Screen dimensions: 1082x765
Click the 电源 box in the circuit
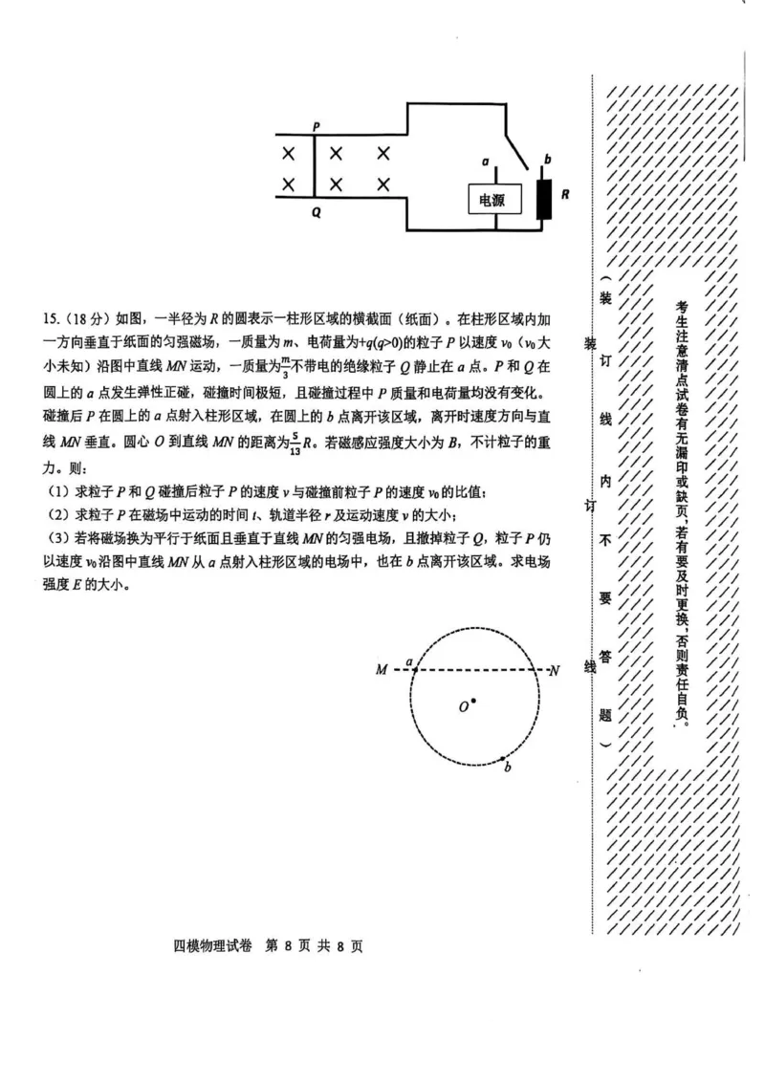click(x=494, y=201)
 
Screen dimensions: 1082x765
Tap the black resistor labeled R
click(x=545, y=198)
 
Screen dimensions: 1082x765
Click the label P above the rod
click(x=316, y=127)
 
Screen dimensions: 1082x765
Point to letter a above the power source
click(x=487, y=162)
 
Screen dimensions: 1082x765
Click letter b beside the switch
click(x=547, y=159)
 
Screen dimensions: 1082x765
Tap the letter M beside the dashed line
click(x=382, y=670)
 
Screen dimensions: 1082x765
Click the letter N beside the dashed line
click(x=554, y=670)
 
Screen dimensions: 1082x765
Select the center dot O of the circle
click(x=473, y=703)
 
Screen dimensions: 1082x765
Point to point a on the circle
click(x=414, y=670)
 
